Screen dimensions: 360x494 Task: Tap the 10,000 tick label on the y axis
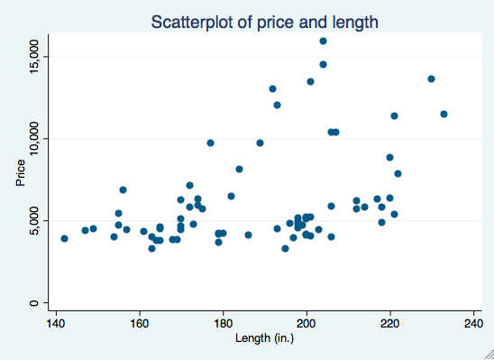point(33,138)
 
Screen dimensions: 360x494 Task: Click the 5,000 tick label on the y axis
point(33,219)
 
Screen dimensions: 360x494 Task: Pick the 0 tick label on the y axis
point(33,302)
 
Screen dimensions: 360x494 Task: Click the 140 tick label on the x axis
point(56,323)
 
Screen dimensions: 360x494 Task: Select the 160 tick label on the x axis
point(140,323)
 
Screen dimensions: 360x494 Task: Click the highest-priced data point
point(323,41)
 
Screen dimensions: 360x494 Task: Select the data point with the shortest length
point(64,238)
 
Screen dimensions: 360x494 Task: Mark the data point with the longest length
point(444,114)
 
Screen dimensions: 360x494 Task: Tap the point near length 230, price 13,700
point(431,78)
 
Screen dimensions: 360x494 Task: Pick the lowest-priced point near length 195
point(285,248)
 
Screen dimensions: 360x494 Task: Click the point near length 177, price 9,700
point(210,143)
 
